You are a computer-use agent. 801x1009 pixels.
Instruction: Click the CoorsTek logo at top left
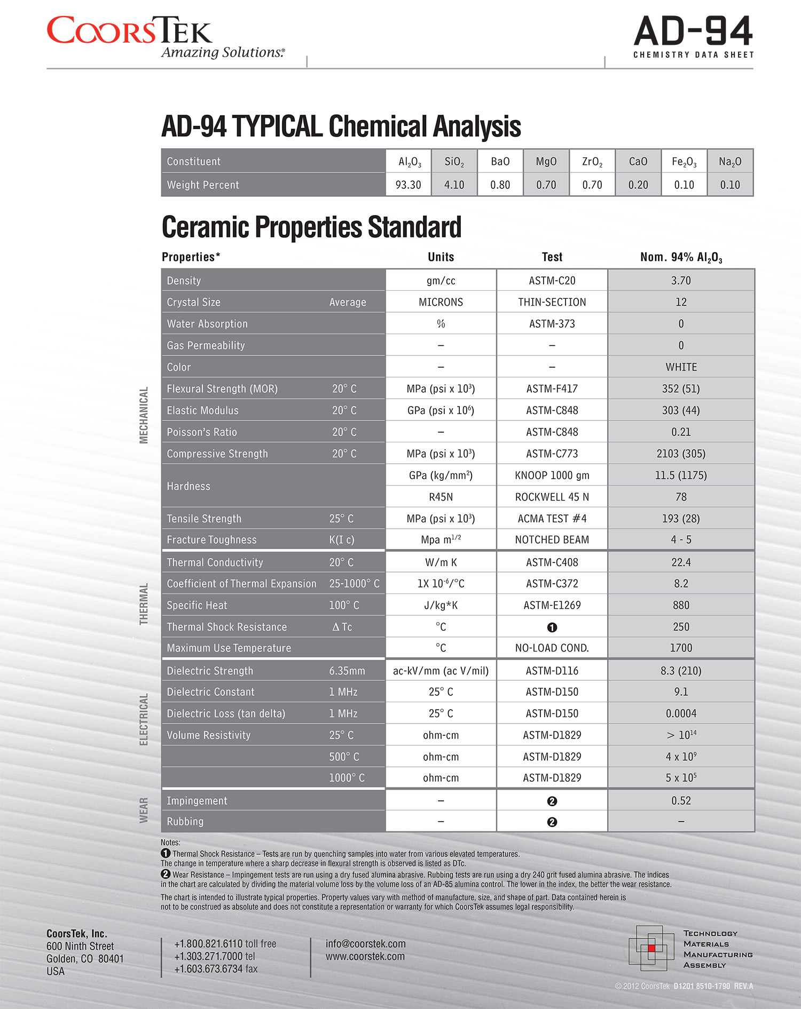click(x=130, y=31)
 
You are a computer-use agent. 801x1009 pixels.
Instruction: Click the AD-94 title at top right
click(x=693, y=31)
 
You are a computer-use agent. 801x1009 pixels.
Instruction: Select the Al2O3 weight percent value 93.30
click(x=408, y=185)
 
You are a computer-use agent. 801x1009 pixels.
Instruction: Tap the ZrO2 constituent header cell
click(x=592, y=162)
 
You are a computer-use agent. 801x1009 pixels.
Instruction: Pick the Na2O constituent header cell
click(x=729, y=162)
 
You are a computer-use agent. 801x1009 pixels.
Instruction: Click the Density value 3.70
click(x=681, y=281)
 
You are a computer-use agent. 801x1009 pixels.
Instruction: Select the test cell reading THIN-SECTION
click(x=552, y=302)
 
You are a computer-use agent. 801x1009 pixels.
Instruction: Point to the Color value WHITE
click(x=681, y=367)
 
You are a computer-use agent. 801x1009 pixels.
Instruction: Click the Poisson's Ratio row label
click(x=202, y=432)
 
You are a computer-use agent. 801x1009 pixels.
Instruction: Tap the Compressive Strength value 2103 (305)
click(x=681, y=454)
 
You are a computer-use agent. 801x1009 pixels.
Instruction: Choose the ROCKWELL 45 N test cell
click(x=552, y=497)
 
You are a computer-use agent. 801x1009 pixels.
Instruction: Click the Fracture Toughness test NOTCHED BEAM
click(x=552, y=540)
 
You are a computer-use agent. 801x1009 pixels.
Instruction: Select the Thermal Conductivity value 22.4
click(x=681, y=562)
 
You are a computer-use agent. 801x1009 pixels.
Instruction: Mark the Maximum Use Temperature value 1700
click(x=681, y=648)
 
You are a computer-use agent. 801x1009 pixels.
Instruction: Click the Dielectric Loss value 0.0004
click(x=681, y=713)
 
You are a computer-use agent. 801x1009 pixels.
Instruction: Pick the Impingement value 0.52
click(x=681, y=800)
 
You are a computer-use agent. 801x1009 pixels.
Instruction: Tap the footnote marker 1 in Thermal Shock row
click(x=552, y=627)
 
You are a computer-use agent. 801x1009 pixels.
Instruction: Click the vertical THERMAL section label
click(x=144, y=603)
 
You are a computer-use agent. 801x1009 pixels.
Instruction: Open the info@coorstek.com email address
click(x=365, y=943)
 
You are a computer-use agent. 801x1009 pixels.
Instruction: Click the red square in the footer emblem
click(x=651, y=948)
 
